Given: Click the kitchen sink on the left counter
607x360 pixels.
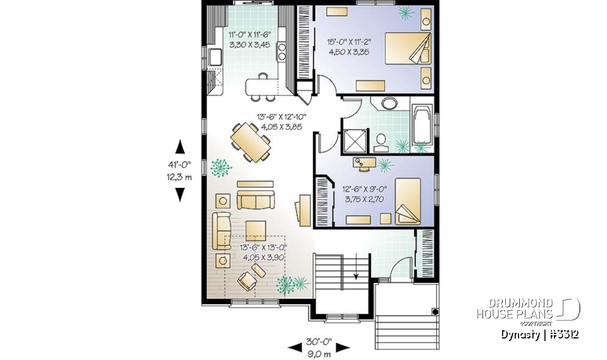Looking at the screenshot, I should [213, 58].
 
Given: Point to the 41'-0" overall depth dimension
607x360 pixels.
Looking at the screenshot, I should [180, 170].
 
